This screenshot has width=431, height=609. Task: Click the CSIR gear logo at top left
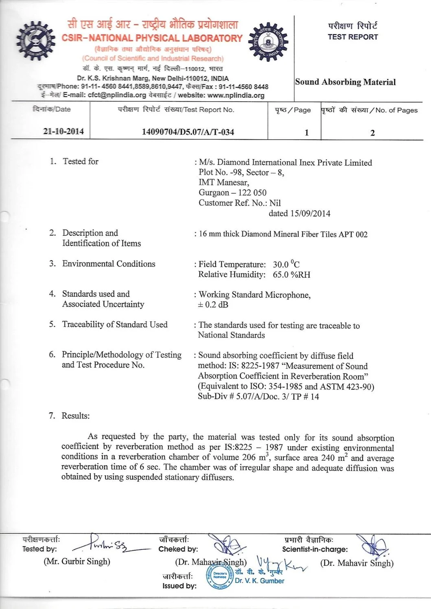coord(35,41)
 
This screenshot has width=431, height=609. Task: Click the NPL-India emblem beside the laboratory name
coord(268,42)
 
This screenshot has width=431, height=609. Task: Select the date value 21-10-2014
coord(63,131)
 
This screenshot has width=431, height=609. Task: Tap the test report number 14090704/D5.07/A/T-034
coord(188,132)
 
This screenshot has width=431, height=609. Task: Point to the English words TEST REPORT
coord(352,37)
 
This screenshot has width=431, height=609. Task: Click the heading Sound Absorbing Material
coord(345,82)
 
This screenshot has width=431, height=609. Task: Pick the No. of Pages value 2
coord(372,133)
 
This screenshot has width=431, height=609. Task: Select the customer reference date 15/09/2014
coord(310,213)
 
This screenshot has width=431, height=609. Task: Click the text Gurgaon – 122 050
coord(232,193)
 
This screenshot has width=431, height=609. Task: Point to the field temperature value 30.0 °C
coord(286,264)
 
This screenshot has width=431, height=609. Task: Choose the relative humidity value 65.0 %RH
coord(291,275)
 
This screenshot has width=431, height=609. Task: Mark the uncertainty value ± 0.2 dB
coord(213,304)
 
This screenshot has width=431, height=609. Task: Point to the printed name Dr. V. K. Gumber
coord(259,581)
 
